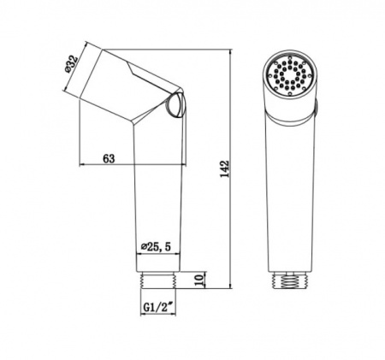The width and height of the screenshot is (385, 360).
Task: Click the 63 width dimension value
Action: click(108, 157)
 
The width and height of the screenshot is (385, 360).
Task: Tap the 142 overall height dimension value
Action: click(225, 168)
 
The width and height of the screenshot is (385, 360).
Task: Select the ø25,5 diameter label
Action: click(159, 247)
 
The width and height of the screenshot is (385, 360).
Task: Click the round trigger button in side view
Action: click(174, 107)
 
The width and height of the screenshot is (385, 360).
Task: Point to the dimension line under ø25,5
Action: click(159, 254)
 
